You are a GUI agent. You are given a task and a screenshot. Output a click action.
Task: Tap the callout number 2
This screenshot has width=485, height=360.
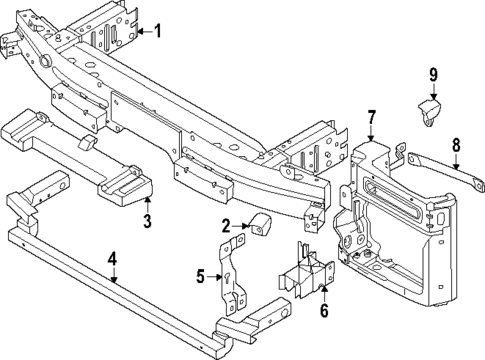(227, 226)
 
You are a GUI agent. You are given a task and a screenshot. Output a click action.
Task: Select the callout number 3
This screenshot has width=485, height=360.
(146, 221)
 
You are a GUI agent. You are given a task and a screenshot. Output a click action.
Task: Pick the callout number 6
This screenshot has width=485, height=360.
(323, 312)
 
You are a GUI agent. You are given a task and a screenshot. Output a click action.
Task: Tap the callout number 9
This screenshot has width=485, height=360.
(433, 74)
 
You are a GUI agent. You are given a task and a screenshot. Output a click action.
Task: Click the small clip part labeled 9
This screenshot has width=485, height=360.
(428, 114)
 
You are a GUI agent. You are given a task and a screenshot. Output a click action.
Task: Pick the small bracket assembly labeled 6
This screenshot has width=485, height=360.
(306, 270)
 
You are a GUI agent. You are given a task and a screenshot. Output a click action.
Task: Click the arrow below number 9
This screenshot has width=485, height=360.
(433, 92)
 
